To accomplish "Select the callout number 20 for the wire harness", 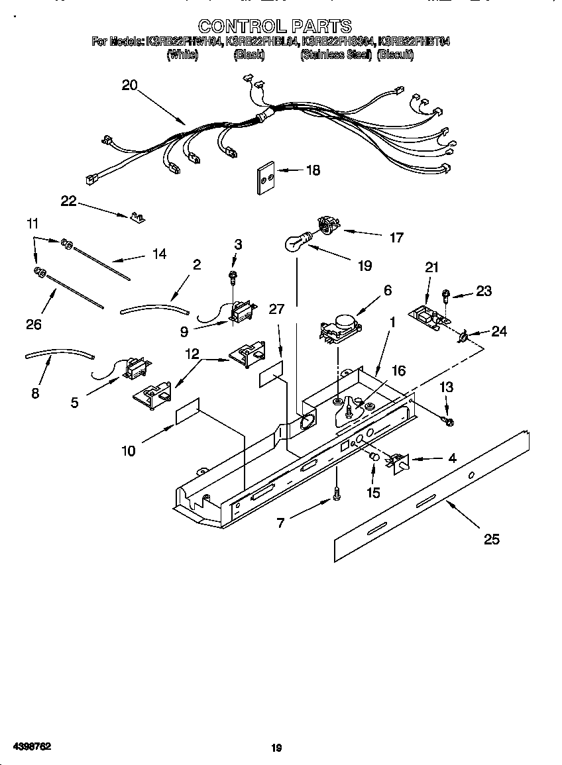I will click(129, 85).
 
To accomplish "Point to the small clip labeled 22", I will click(138, 217).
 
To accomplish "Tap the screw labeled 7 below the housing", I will click(337, 493).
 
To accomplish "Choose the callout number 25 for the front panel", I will click(491, 539).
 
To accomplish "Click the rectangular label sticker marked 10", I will click(188, 411).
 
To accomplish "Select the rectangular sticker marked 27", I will click(272, 375).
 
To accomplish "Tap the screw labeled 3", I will click(233, 275).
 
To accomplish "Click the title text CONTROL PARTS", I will click(275, 26).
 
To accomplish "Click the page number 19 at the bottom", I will click(277, 748).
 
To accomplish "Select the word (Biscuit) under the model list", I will click(395, 56).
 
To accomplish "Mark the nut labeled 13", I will click(449, 420).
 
